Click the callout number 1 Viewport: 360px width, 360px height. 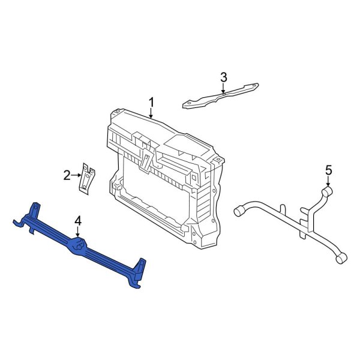[152, 101]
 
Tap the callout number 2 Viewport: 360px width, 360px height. [67, 175]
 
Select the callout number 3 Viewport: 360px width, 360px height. [224, 77]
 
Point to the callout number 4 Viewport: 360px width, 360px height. [78, 222]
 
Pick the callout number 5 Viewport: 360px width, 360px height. [328, 170]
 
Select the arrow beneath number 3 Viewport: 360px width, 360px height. [224, 88]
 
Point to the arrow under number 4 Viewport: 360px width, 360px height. [78, 234]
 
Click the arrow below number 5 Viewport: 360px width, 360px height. [328, 182]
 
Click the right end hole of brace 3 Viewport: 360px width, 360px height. [254, 86]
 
